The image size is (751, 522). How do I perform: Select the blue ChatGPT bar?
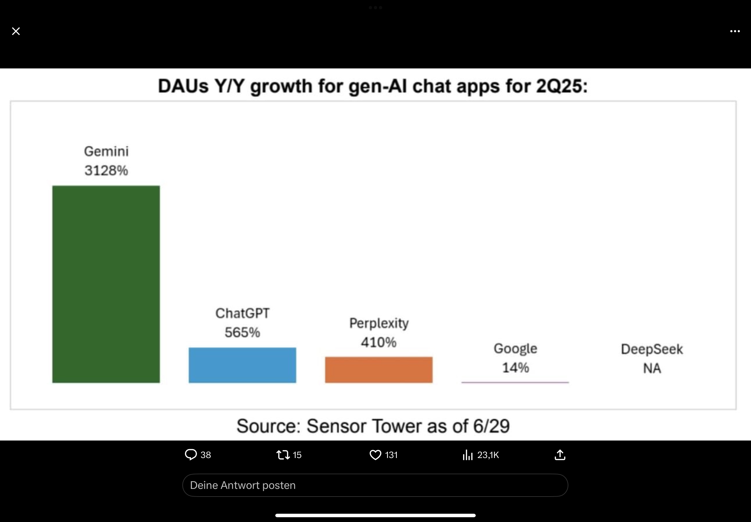[x=242, y=365]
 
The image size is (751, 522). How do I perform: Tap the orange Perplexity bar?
[x=379, y=370]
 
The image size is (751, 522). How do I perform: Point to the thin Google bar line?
[x=515, y=382]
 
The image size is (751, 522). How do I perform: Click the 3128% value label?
[x=106, y=170]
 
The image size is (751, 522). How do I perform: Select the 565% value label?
[x=242, y=332]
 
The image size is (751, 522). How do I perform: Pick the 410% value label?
[x=379, y=342]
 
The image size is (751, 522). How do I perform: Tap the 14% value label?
[x=515, y=368]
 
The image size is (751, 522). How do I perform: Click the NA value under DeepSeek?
[x=652, y=368]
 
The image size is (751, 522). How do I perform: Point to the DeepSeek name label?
[x=652, y=349]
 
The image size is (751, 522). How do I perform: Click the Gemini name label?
[x=106, y=152]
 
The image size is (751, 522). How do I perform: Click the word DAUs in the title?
[x=183, y=86]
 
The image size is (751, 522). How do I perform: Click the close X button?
[x=16, y=31]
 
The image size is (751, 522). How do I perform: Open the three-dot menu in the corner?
[x=735, y=32]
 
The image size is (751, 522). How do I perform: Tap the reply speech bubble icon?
[x=191, y=455]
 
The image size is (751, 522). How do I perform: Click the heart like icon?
[x=375, y=455]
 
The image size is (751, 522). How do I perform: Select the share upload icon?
[x=560, y=455]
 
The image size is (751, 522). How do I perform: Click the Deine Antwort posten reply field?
[x=375, y=485]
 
